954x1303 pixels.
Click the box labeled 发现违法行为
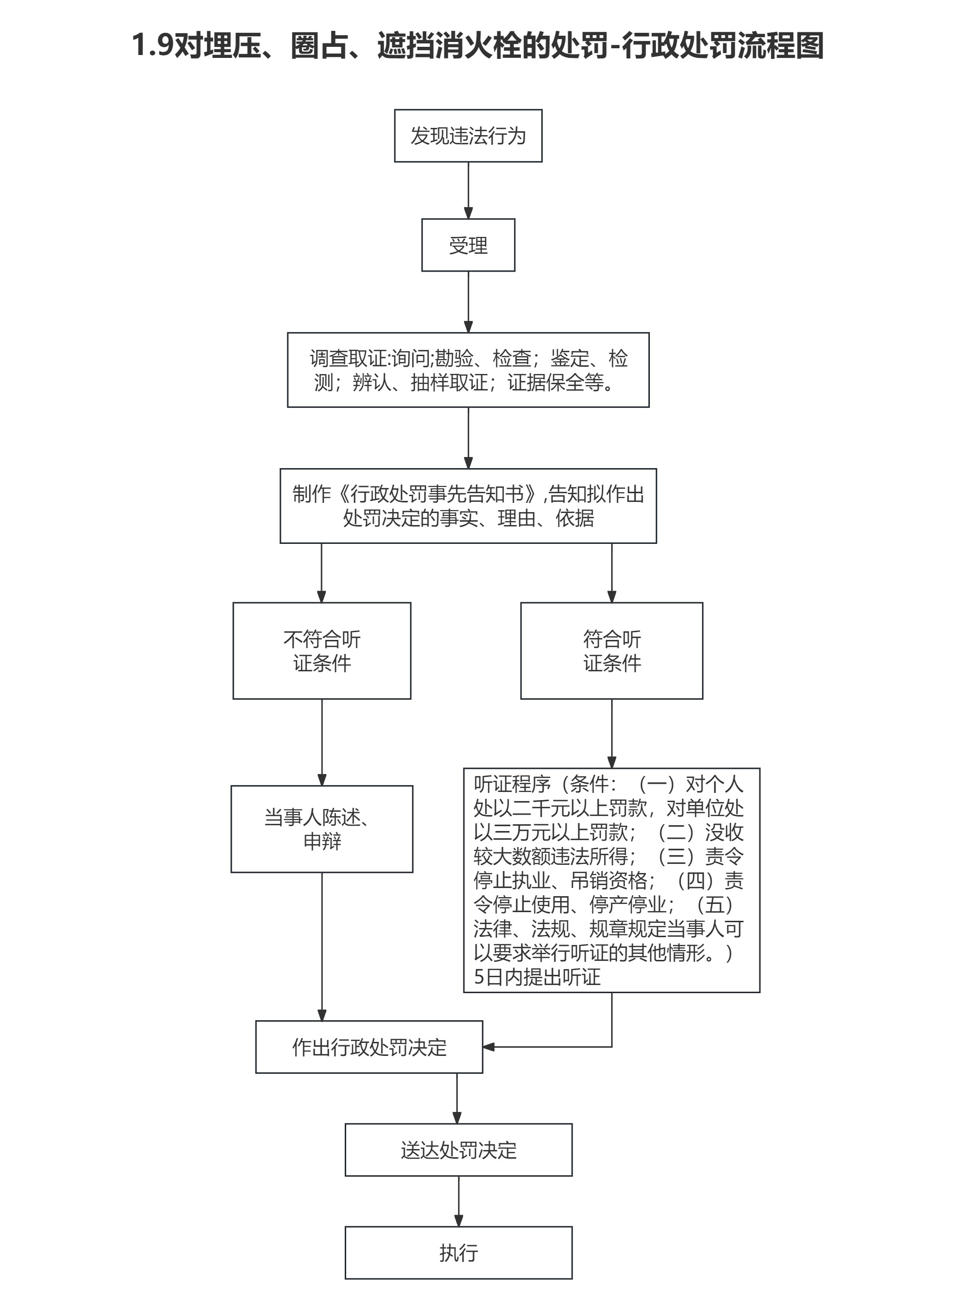tap(468, 136)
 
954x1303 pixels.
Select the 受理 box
tap(468, 245)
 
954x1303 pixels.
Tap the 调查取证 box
tap(468, 370)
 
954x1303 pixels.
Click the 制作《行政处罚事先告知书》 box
tap(468, 506)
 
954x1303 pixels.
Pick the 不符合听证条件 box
tap(322, 651)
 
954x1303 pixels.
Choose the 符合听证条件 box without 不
tap(612, 651)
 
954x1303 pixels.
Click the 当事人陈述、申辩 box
tap(322, 829)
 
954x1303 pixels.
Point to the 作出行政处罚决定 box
tap(369, 1047)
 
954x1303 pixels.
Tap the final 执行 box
tap(459, 1253)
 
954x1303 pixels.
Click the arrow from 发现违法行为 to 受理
tap(468, 191)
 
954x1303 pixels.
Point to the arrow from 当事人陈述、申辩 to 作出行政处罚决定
tap(322, 947)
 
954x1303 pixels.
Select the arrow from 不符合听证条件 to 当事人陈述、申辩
tap(322, 742)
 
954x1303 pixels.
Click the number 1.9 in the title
tap(153, 45)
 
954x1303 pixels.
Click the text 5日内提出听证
tap(537, 977)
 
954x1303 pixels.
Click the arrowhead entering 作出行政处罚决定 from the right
tap(489, 1047)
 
